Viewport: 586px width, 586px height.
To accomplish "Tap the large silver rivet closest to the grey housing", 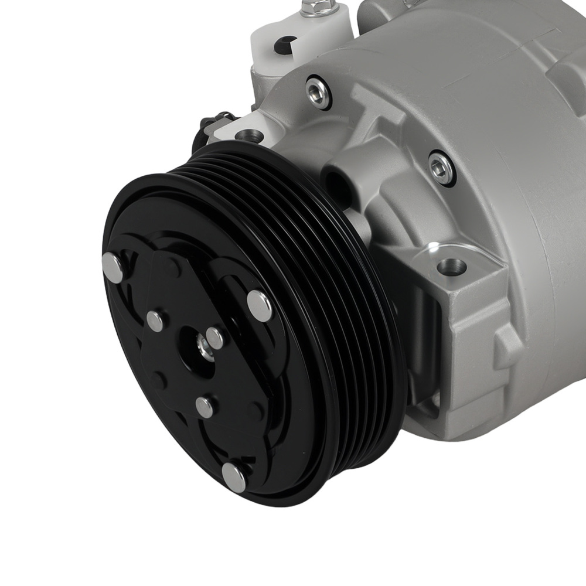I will [x=260, y=305].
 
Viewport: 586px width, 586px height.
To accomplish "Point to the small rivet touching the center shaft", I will [x=214, y=338].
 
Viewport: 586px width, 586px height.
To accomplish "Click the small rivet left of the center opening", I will [x=155, y=321].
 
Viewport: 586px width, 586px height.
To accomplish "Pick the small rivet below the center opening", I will [x=205, y=406].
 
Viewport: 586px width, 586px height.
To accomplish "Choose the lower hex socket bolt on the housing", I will [x=441, y=168].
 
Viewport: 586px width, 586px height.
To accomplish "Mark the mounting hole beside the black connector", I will [x=248, y=136].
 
